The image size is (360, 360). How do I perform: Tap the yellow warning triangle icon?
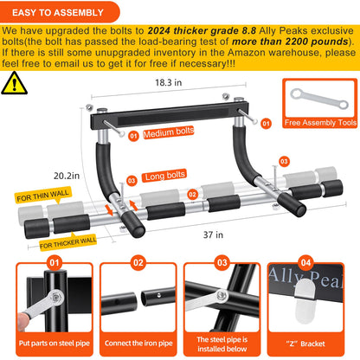15,83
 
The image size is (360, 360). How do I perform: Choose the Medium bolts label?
169,134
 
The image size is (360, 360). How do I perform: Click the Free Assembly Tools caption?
319,123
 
